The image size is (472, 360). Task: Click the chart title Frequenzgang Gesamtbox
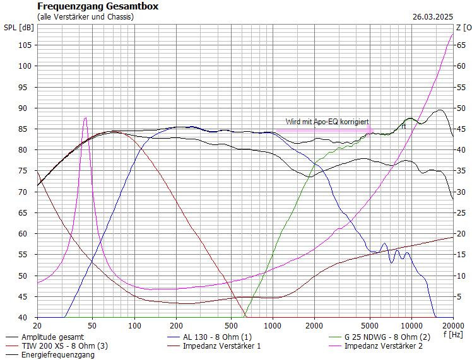(x=98, y=6)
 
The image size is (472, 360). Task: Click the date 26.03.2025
(x=433, y=17)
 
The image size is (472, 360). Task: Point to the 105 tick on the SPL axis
(x=25, y=45)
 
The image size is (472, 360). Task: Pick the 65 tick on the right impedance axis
(x=462, y=45)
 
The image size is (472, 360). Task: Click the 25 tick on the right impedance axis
(x=462, y=212)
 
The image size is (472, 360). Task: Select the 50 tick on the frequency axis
(x=92, y=325)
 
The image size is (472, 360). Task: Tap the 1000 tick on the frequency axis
(x=273, y=325)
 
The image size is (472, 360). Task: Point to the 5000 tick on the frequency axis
(x=370, y=325)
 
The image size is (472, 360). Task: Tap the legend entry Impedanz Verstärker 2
(x=384, y=345)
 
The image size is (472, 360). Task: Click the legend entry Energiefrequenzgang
(x=58, y=354)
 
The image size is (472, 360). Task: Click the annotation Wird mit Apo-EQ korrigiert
(x=327, y=121)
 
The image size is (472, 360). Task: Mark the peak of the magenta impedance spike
(x=85, y=118)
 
